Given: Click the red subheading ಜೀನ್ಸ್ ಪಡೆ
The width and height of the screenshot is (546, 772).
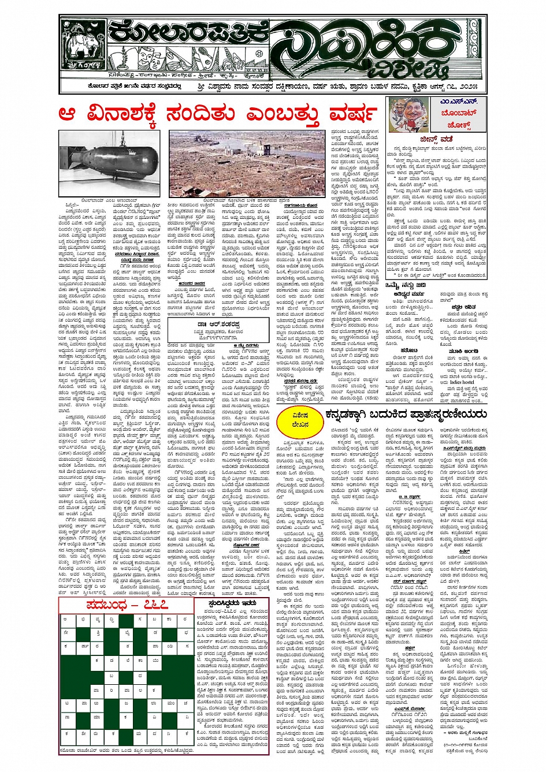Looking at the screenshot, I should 436,139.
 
